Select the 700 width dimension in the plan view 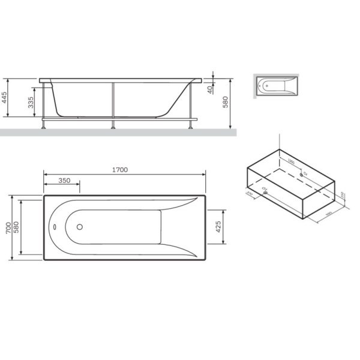click(7, 227)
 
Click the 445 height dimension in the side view click(5, 98)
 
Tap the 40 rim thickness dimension click(209, 89)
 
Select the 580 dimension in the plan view click(17, 227)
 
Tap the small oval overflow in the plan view click(54, 227)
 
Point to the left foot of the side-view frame click(43, 126)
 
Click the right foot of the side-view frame click(191, 126)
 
